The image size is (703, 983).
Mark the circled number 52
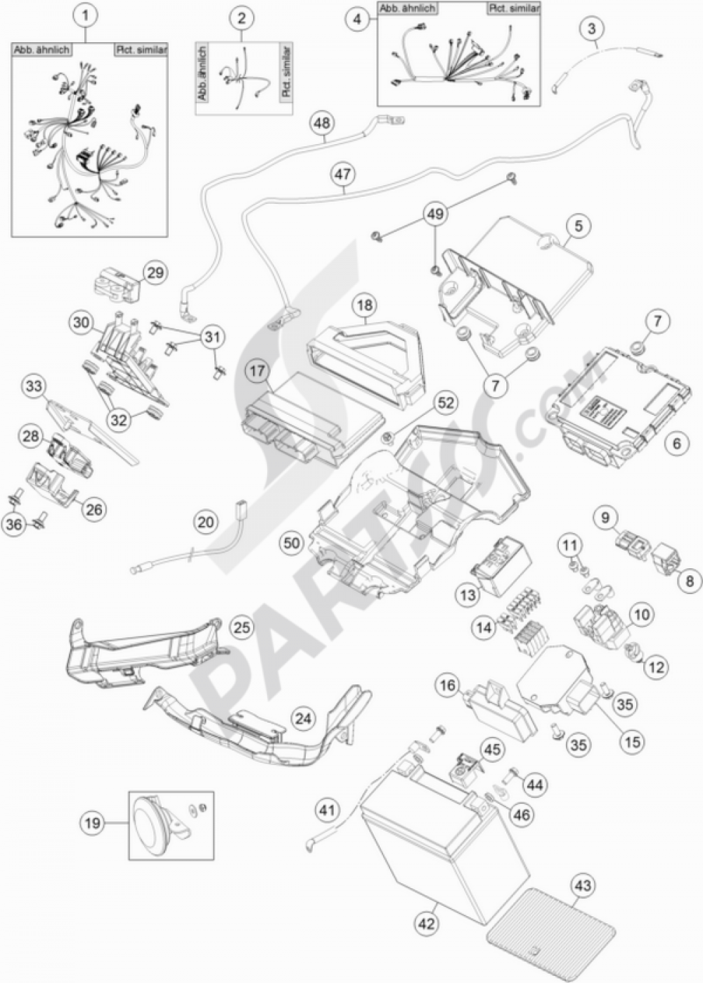coord(446,403)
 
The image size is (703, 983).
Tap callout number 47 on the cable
coord(344,174)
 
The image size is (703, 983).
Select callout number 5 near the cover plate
coord(578,226)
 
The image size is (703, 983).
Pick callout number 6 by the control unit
coord(677,444)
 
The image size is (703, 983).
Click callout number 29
coord(155,273)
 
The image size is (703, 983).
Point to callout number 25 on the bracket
coord(241,628)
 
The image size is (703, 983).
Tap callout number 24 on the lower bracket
coord(303,719)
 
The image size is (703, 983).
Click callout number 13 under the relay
coord(468,594)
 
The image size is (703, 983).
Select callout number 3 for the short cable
coord(593,29)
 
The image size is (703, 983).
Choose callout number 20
coord(205,522)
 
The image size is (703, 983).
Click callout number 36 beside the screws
coord(15,524)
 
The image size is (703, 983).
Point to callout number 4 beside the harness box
coord(358,20)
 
